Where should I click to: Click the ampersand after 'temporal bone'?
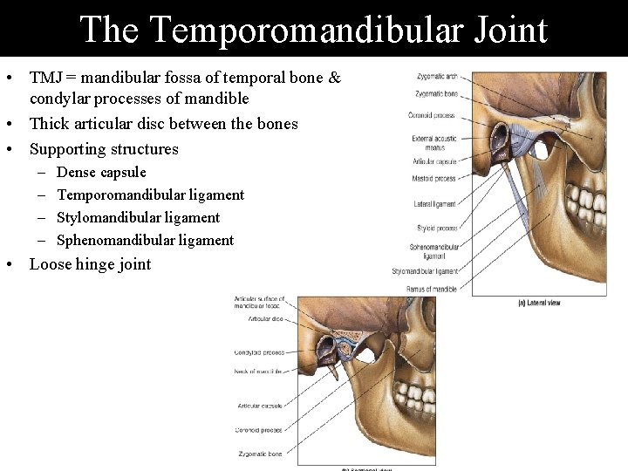coord(334,78)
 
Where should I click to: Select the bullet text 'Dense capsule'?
coord(101,172)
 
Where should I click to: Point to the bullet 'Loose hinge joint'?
coord(90,264)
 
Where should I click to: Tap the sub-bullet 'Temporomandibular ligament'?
coord(150,195)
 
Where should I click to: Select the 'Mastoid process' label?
coord(434,179)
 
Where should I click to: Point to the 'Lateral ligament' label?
coord(435,204)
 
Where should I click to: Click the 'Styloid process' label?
coord(437,229)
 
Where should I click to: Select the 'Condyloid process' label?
coord(259,352)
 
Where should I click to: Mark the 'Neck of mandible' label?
coord(259,372)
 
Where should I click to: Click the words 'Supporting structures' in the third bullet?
coord(104,148)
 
